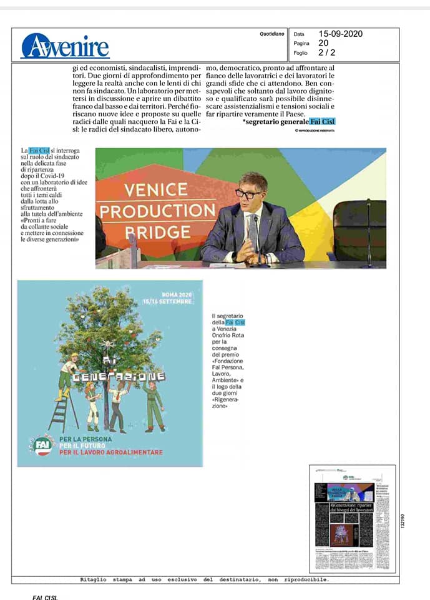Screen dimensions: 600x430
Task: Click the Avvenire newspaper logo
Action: point(65,46)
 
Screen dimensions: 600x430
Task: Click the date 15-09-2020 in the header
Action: point(340,34)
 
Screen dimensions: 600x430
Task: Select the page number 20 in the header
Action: point(323,43)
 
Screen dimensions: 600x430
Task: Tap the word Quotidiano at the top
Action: point(272,34)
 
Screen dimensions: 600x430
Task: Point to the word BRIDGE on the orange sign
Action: point(149,232)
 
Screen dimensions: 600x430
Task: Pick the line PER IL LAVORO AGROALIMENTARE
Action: point(111,452)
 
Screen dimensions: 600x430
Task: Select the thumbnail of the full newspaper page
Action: point(353,519)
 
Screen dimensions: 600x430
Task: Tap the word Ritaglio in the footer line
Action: point(98,579)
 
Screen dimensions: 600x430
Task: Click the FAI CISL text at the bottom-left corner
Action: point(45,597)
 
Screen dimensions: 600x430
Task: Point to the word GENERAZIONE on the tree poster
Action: point(117,377)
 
